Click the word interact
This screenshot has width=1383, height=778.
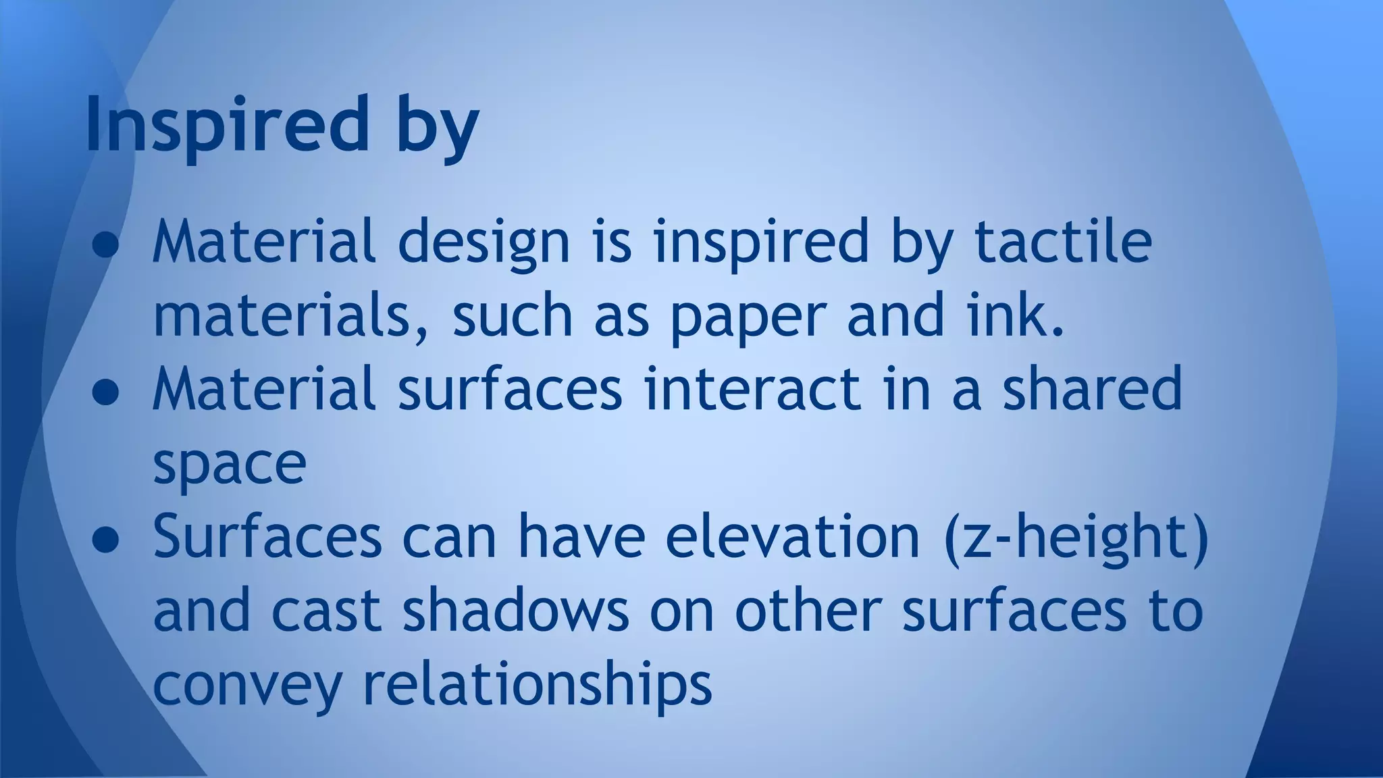(752, 389)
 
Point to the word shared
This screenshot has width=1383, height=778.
(1092, 389)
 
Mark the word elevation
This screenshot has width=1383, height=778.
(793, 536)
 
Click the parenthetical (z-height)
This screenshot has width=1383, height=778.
(1076, 539)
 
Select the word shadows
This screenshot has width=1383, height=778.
(515, 611)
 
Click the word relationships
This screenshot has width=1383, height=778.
(538, 685)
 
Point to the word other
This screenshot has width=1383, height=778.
(808, 611)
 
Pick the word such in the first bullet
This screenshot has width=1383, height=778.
(513, 316)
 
